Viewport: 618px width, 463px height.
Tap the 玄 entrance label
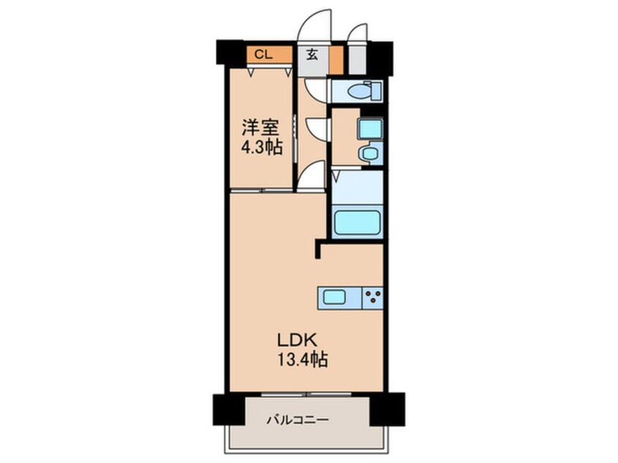tap(311, 53)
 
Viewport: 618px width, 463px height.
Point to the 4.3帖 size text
tap(260, 147)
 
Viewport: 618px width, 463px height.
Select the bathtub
tap(356, 223)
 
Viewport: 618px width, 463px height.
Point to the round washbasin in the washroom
tap(370, 153)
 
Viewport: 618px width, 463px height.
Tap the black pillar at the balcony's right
tap(386, 409)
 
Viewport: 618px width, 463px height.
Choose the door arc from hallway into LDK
tap(313, 177)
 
